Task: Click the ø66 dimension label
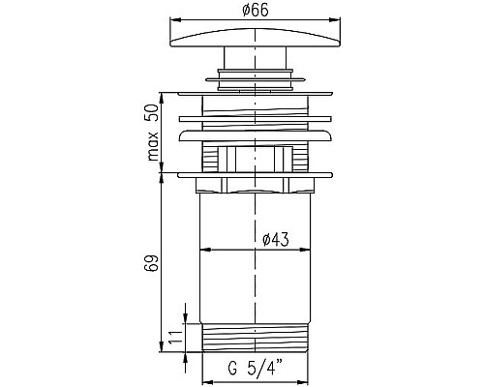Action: click(x=255, y=11)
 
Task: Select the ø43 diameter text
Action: click(x=276, y=240)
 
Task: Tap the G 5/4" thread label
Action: click(x=256, y=369)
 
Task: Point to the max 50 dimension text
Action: click(x=153, y=133)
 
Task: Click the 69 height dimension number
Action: click(x=153, y=263)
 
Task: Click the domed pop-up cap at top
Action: click(x=255, y=38)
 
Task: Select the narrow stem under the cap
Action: click(x=255, y=58)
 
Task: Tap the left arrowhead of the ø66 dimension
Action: click(x=174, y=20)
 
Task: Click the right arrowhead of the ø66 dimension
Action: click(x=336, y=20)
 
